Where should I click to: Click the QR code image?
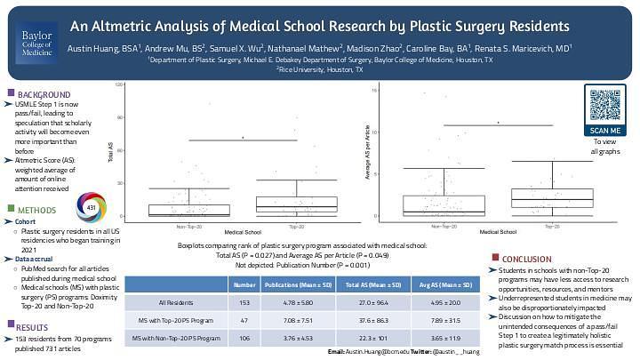604,105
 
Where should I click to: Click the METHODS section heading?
37,211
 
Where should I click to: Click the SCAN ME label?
604,131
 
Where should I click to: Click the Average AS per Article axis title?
367,154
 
